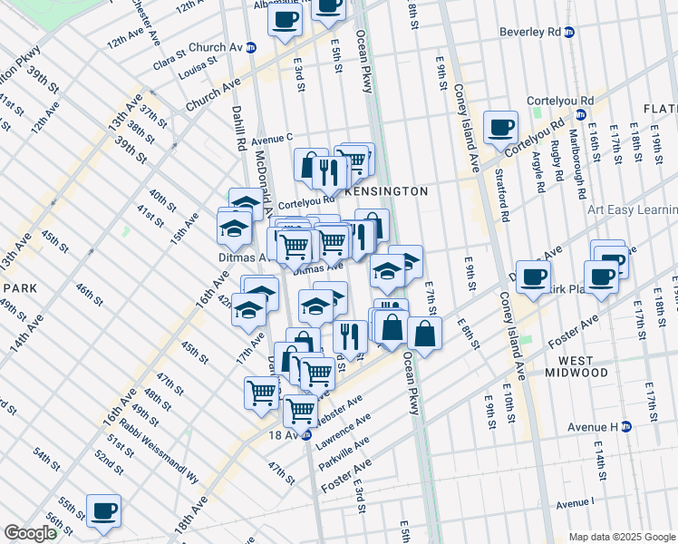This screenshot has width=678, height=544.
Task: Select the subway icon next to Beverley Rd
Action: (569, 32)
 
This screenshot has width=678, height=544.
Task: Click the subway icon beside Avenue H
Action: (652, 426)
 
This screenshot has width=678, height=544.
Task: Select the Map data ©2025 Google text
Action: (622, 537)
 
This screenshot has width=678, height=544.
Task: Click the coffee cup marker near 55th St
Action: (103, 510)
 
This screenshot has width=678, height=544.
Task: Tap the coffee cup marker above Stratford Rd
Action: (499, 127)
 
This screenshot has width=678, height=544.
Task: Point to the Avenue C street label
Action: (272, 139)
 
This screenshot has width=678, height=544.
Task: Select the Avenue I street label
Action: (576, 503)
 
